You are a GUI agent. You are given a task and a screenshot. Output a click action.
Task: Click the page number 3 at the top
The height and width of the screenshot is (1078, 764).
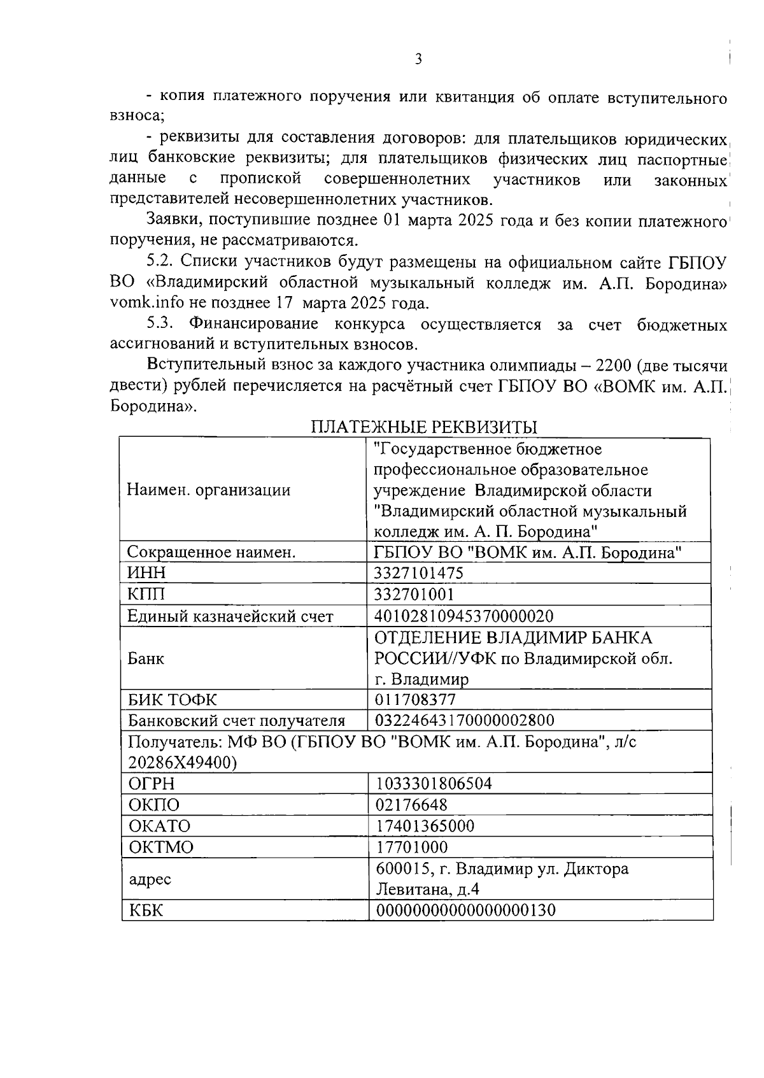418,59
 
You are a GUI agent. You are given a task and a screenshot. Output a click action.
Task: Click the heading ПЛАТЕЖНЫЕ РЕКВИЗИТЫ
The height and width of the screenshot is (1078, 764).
423,427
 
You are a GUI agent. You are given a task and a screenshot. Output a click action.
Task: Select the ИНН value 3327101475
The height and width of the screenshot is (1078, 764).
419,573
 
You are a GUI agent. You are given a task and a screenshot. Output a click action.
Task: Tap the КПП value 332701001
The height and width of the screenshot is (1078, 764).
414,594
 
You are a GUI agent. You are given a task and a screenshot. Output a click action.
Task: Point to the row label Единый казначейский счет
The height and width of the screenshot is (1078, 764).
230,616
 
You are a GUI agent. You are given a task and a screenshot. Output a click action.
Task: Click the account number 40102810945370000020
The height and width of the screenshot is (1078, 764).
464,616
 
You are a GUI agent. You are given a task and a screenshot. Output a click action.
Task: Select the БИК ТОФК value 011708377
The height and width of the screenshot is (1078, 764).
415,700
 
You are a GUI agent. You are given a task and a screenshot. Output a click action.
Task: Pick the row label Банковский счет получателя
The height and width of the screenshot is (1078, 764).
236,721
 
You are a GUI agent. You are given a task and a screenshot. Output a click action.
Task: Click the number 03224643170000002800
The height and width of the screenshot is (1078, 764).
465,720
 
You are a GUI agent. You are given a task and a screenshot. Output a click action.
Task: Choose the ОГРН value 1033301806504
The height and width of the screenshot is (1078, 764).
434,783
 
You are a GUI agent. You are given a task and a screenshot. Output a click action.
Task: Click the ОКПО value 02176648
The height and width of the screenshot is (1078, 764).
411,805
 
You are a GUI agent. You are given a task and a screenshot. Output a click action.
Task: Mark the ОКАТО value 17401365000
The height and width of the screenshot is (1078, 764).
425,826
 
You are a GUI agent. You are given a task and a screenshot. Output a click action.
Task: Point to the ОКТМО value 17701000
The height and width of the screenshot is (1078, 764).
411,847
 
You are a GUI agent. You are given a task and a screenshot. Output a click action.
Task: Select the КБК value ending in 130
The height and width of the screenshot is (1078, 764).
465,910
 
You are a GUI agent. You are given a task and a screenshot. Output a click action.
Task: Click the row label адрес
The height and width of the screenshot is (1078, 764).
150,879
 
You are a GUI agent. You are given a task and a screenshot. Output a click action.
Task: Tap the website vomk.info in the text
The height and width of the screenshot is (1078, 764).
145,302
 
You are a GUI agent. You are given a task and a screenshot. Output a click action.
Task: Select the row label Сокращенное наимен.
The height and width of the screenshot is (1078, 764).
211,552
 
